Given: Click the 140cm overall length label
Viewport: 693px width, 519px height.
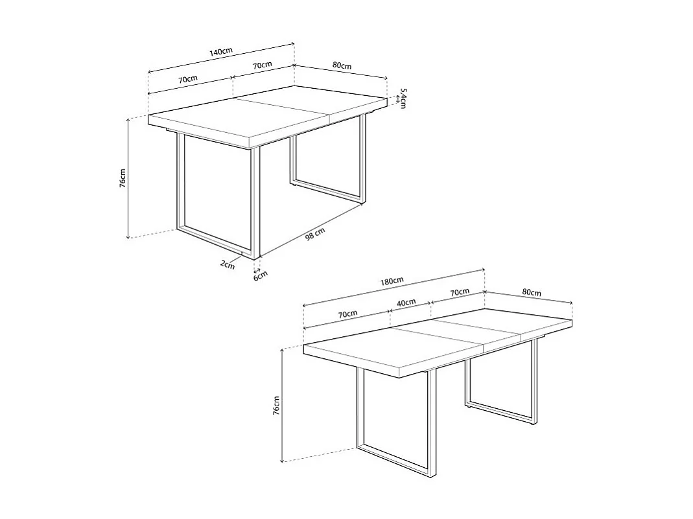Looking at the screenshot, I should pyautogui.click(x=221, y=51).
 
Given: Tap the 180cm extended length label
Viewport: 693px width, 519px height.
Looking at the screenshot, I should pyautogui.click(x=392, y=281).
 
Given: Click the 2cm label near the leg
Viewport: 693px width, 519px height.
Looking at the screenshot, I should pyautogui.click(x=227, y=264).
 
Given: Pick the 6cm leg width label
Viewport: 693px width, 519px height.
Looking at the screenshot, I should pyautogui.click(x=260, y=275).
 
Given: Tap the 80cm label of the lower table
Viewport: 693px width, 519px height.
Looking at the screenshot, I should pyautogui.click(x=532, y=293).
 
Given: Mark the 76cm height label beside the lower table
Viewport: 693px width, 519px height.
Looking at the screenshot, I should pyautogui.click(x=277, y=406).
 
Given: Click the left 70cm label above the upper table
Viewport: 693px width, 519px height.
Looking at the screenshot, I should pyautogui.click(x=188, y=78).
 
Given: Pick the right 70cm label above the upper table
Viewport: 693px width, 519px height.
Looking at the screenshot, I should pyautogui.click(x=262, y=65).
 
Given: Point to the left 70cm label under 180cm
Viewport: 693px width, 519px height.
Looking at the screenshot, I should pyautogui.click(x=347, y=314).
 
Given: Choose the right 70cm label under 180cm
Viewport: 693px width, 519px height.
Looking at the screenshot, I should pyautogui.click(x=460, y=292).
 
